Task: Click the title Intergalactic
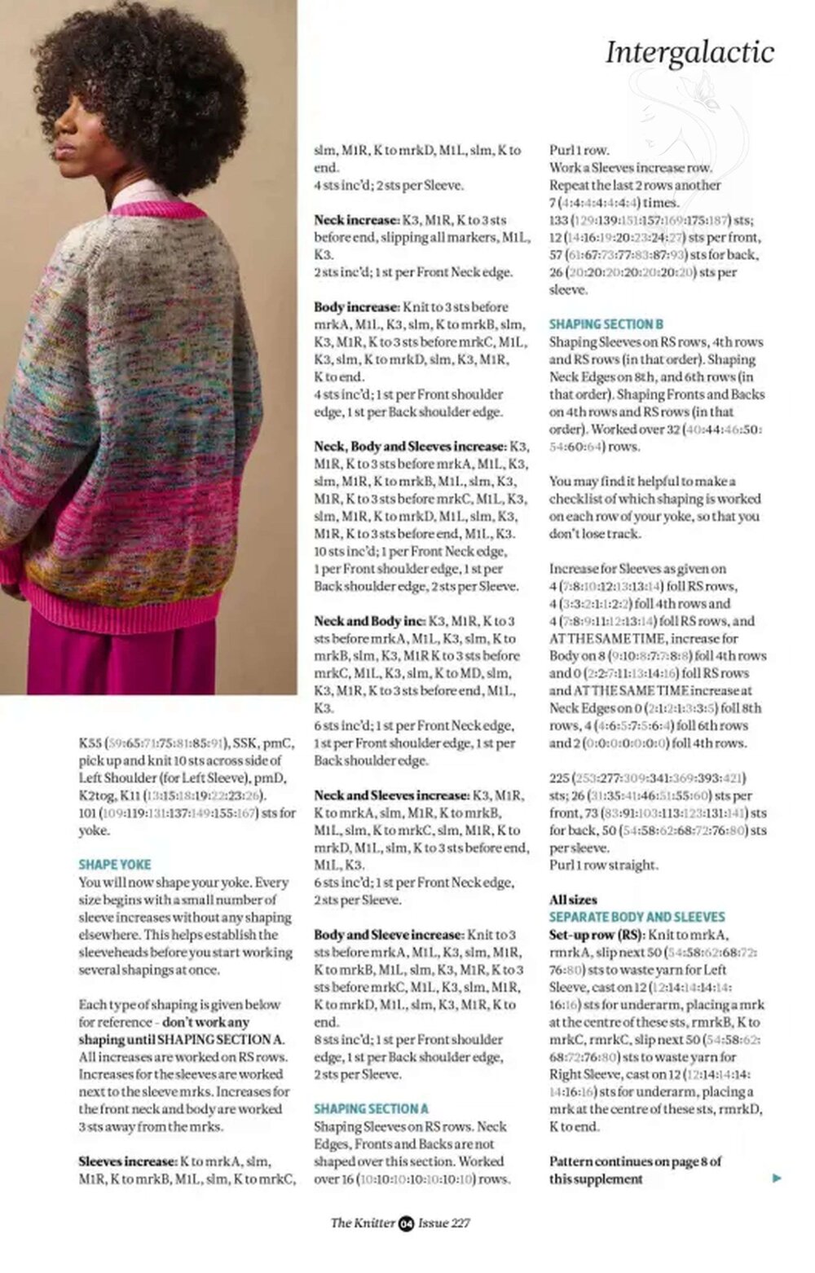[x=689, y=52]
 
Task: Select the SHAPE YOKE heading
[x=115, y=864]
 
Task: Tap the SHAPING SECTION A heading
[x=371, y=1108]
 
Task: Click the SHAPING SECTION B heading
[x=606, y=324]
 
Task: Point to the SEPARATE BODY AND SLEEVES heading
[x=637, y=917]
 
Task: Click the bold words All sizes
[x=573, y=900]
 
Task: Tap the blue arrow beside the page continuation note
[x=776, y=1178]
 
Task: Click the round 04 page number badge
[x=407, y=1222]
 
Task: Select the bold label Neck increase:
[x=355, y=220]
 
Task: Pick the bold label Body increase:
[x=356, y=307]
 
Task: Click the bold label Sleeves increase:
[x=127, y=1161]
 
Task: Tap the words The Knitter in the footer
[x=363, y=1222]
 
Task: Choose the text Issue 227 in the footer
[x=444, y=1222]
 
